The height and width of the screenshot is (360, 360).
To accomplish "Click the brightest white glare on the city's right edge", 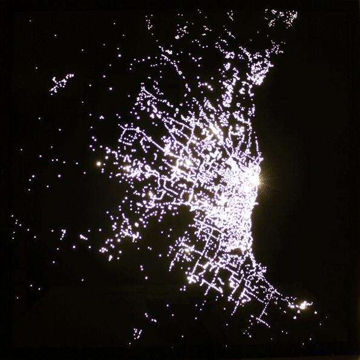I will point(255,179).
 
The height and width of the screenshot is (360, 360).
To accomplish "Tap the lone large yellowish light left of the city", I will point(99,163).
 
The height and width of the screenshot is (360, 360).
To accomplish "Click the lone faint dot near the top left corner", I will point(38,68).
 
